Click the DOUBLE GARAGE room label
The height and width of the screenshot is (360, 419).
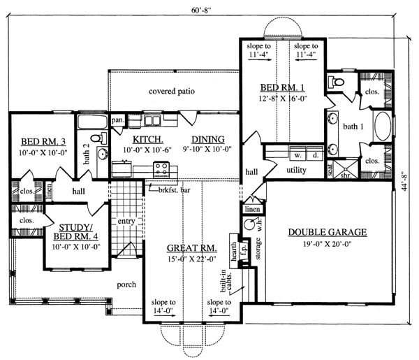coord(325,233)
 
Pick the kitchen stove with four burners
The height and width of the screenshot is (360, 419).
coord(161,168)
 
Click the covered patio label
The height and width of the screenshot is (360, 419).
coord(171,92)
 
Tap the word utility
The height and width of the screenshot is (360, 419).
coord(297,170)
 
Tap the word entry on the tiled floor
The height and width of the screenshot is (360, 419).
coord(126,222)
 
